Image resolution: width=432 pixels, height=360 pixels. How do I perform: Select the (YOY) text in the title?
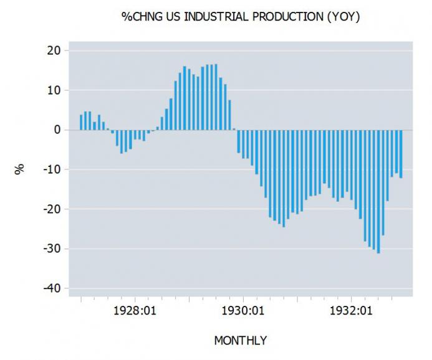343,17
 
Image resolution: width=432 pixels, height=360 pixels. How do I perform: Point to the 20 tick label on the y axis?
54,50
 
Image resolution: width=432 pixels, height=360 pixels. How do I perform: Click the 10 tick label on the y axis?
54,90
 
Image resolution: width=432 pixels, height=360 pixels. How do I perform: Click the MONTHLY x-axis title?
240,341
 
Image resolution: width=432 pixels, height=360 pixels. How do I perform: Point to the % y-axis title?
21,169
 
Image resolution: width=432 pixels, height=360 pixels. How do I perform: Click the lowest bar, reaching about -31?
378,191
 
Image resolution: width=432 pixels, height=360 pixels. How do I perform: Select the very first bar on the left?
81,123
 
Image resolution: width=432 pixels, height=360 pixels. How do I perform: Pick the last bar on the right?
401,154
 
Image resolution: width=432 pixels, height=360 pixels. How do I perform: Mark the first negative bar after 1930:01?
238,141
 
